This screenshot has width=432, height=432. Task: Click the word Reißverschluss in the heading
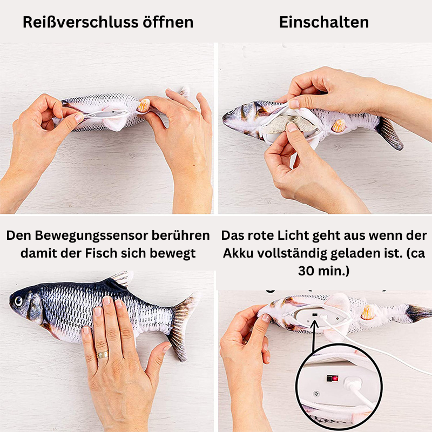tap(80, 22)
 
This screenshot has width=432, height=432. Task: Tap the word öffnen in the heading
tap(168, 22)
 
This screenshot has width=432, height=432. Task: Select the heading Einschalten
tap(324, 22)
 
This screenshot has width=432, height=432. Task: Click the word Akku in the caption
tap(238, 253)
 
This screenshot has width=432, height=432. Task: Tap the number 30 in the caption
tap(306, 271)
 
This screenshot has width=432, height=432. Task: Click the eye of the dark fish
tap(18, 301)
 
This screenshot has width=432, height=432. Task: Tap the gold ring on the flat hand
tap(102, 355)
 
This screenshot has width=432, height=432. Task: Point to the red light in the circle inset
tap(335, 379)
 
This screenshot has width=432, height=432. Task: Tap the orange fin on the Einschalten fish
tap(339, 126)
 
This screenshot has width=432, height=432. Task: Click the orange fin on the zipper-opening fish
tap(144, 105)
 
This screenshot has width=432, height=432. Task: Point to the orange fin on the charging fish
tap(368, 313)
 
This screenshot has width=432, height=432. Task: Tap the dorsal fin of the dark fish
tap(121, 278)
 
